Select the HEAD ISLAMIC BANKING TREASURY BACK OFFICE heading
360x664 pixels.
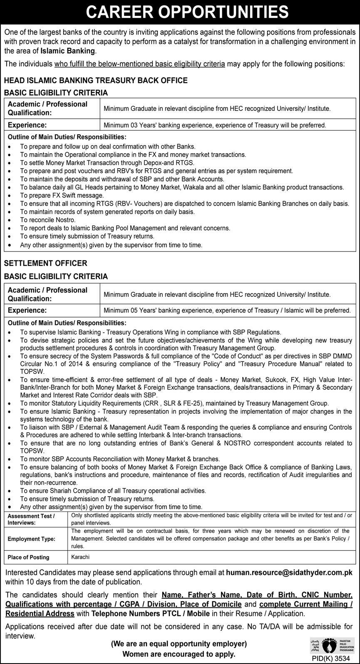(96, 80)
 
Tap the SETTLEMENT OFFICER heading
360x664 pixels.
(46, 263)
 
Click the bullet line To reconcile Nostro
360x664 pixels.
(48, 220)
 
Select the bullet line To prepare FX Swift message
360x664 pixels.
(62, 195)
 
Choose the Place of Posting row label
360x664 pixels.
(28, 557)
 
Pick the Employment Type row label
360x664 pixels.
(31, 539)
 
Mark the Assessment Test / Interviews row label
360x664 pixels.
(31, 519)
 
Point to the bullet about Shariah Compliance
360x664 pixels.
(113, 491)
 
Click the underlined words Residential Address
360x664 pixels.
(40, 614)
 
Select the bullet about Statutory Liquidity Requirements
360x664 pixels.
(174, 403)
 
